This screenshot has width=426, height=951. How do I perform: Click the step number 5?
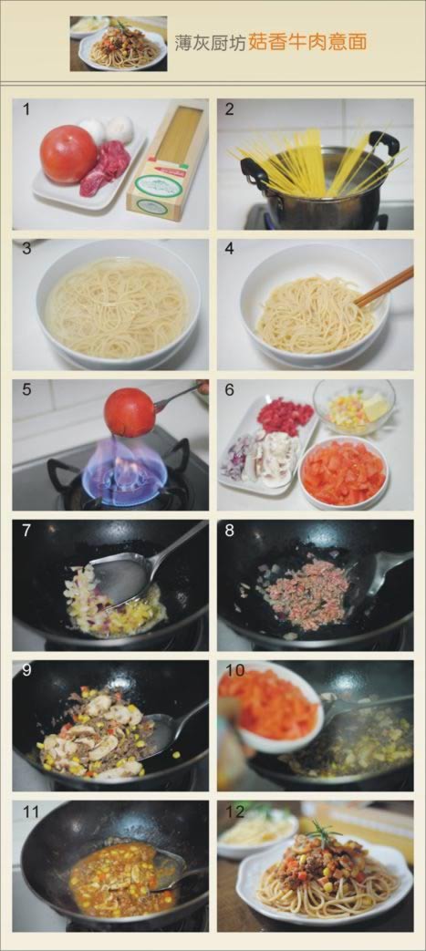(x=26, y=389)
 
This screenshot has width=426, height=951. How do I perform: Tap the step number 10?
(x=234, y=670)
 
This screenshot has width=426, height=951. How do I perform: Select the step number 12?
(x=234, y=811)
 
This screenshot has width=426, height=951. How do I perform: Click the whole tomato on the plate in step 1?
(x=68, y=154)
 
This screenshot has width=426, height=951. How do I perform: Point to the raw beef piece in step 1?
(x=106, y=169)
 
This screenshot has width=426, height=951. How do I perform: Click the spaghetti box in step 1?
(x=168, y=162)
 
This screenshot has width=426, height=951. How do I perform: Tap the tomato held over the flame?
(x=129, y=412)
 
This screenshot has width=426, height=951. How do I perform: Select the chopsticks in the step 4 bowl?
(x=384, y=286)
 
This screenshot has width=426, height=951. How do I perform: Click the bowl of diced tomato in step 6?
(x=344, y=471)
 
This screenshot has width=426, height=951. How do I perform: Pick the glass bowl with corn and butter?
(x=354, y=407)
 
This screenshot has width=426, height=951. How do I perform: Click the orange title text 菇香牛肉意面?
(x=307, y=43)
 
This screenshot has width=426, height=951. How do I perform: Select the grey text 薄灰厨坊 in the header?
(x=210, y=43)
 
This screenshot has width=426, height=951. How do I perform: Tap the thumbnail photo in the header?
(x=119, y=44)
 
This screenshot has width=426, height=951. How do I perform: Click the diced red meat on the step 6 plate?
(x=286, y=416)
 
